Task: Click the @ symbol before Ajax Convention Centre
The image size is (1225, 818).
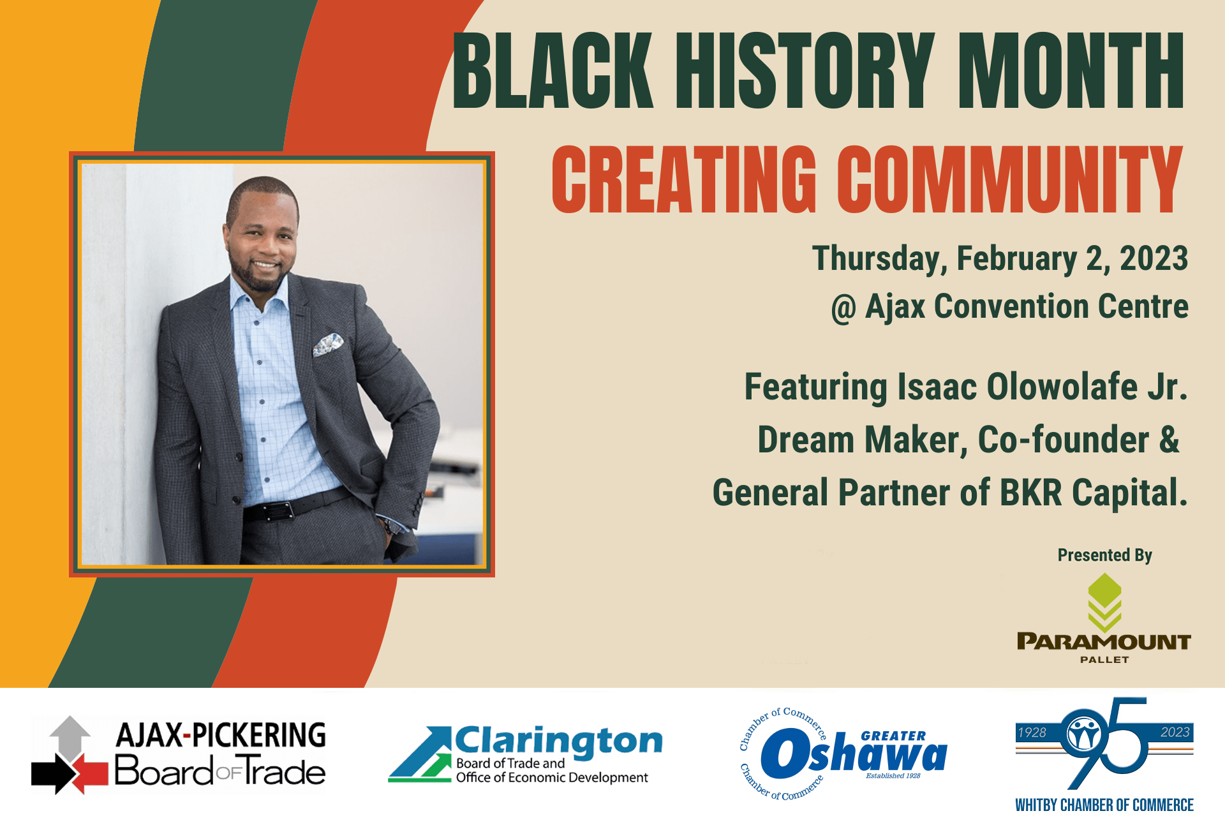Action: tap(843, 309)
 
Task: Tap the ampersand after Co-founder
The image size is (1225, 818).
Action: tap(1169, 440)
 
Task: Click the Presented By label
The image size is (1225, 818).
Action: tap(1104, 555)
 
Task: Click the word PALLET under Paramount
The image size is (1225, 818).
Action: tap(1104, 660)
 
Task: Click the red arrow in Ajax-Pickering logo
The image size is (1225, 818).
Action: tap(89, 773)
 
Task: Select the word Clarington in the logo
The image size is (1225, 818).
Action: tap(559, 741)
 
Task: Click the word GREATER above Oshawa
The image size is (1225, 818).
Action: tap(893, 736)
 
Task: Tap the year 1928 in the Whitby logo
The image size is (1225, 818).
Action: tap(1032, 732)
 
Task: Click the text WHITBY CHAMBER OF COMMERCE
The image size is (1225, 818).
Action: tap(1104, 805)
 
